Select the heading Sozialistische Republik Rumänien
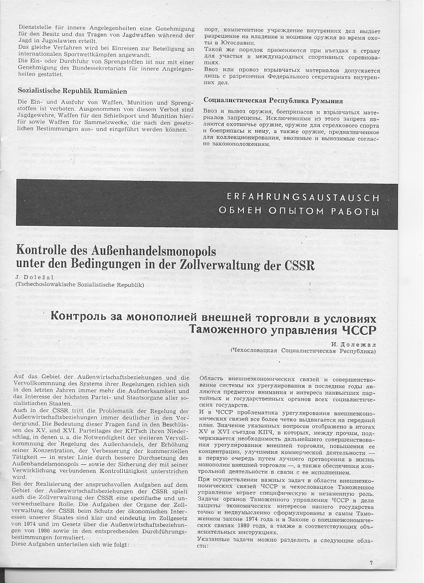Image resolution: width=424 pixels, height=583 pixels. [72, 91]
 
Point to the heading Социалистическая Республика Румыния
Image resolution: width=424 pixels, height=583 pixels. [273, 100]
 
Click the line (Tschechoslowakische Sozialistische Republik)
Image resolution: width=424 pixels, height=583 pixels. [79, 285]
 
